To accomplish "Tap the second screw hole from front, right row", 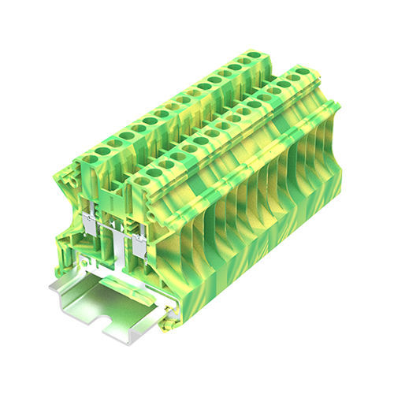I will pos(154,176).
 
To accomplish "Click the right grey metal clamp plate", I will pos(138,246).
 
